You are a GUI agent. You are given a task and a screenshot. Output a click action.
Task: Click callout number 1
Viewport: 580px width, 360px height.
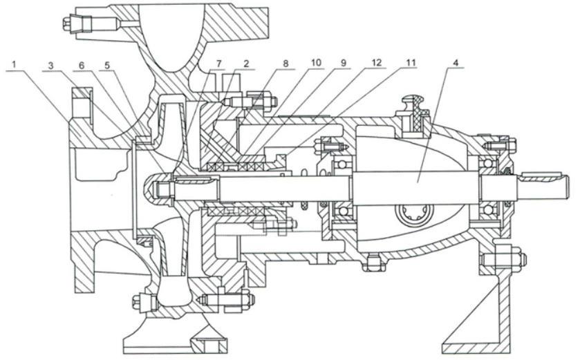click(x=16, y=63)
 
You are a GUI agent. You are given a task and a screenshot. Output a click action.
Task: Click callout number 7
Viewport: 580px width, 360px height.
click(x=220, y=64)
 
